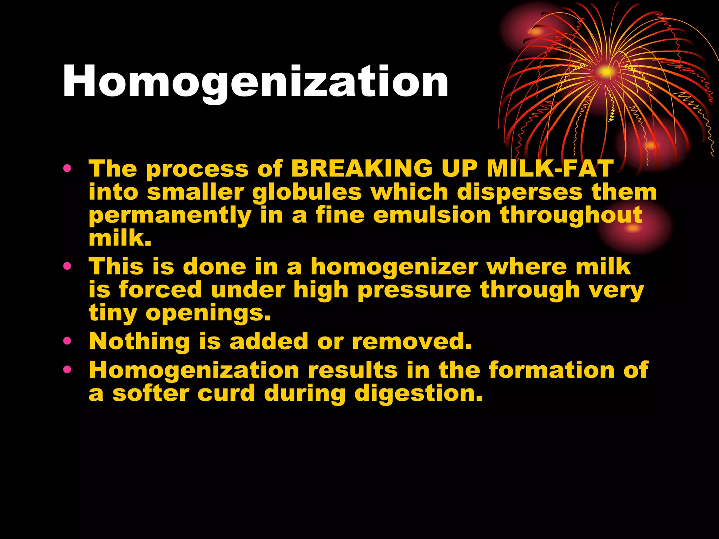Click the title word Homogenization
(x=255, y=82)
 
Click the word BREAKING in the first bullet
(x=362, y=169)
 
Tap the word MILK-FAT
(x=550, y=169)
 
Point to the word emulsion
(x=432, y=215)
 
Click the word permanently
(x=170, y=216)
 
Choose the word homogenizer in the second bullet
(x=394, y=267)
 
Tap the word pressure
(x=414, y=290)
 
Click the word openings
(x=208, y=313)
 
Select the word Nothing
(x=139, y=341)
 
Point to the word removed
(x=412, y=341)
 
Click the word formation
(x=552, y=370)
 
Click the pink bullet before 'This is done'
(x=67, y=267)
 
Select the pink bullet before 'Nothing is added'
(x=67, y=341)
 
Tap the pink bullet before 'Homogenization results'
(x=67, y=370)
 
